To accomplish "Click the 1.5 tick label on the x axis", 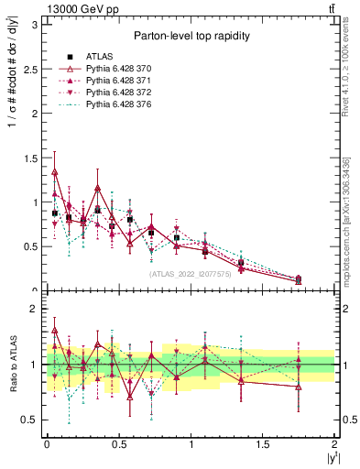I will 263,443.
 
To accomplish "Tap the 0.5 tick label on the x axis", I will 118,443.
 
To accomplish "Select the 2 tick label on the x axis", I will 334,443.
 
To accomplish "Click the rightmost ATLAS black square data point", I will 299,279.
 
